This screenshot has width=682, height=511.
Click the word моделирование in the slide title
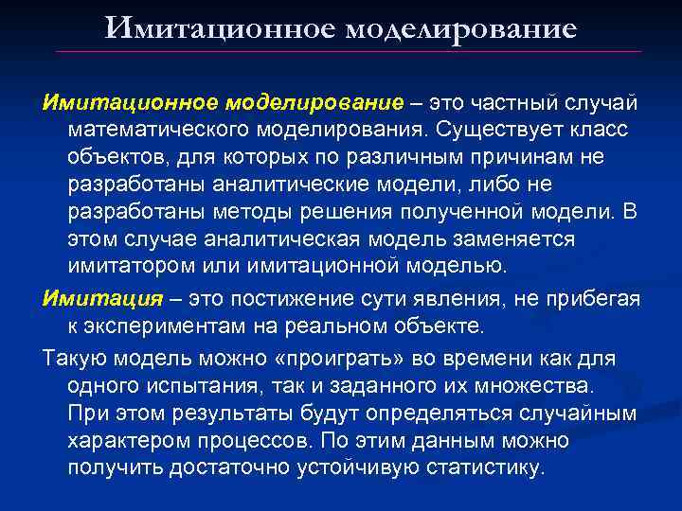pyautogui.click(x=461, y=29)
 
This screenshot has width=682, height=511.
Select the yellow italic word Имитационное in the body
pyautogui.click(x=130, y=101)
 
